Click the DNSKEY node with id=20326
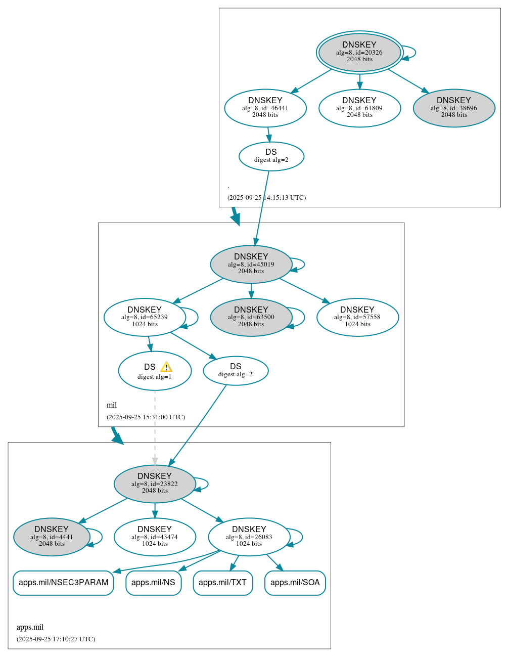[359, 52]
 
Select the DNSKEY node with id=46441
[265, 108]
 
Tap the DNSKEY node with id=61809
[359, 108]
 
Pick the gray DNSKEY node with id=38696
[454, 108]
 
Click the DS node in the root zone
[271, 156]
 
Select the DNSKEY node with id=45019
[251, 264]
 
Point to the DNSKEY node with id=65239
[145, 317]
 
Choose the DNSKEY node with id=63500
[251, 317]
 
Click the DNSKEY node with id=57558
[357, 317]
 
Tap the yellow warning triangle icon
[166, 367]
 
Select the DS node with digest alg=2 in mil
[236, 371]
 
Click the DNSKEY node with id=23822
[155, 484]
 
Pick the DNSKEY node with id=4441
[52, 537]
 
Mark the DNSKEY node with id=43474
[155, 537]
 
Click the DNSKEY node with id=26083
[249, 537]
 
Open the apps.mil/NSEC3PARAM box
[63, 583]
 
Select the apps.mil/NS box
[153, 583]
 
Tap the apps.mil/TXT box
[223, 583]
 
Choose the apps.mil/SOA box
[295, 583]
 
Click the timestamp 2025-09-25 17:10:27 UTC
[56, 639]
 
